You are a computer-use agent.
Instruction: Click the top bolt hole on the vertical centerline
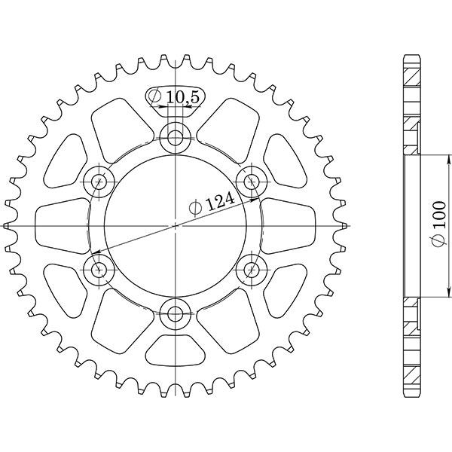176,137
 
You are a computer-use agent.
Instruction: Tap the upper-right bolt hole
252,181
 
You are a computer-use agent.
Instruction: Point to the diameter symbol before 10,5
154,96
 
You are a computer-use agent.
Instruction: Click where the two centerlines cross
176,224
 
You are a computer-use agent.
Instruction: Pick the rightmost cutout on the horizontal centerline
289,224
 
